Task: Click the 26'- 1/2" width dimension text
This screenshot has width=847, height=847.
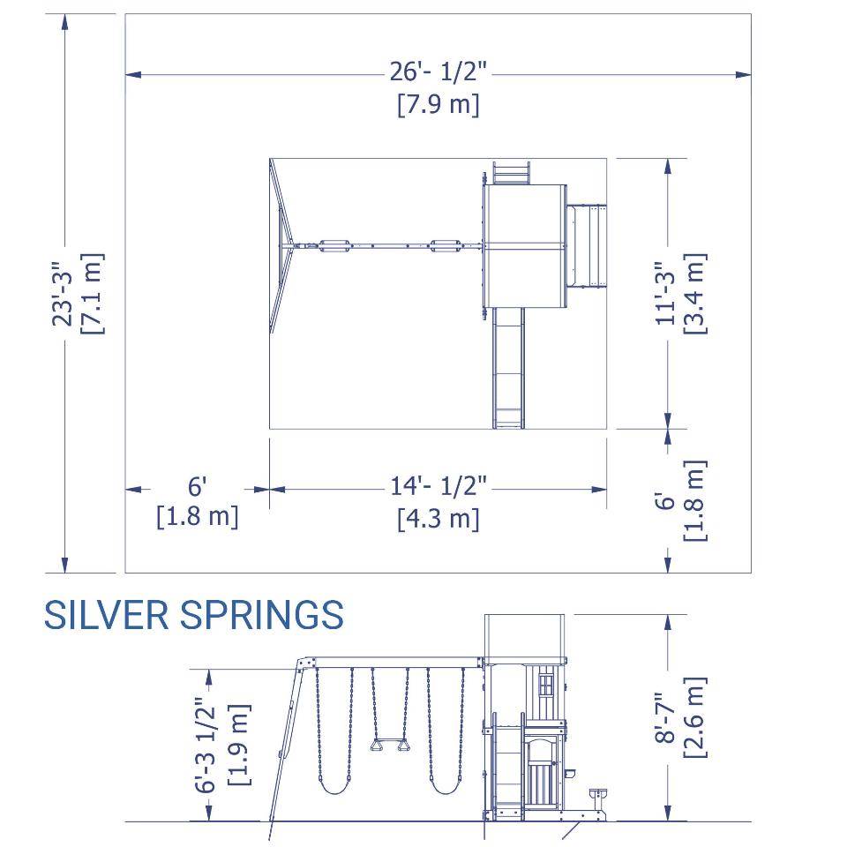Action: click(438, 71)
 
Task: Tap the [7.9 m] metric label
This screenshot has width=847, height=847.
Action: click(438, 104)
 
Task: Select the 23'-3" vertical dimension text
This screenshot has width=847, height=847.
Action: click(63, 294)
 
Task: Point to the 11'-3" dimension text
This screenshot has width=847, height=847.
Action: click(665, 294)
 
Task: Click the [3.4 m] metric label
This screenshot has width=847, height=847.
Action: click(694, 294)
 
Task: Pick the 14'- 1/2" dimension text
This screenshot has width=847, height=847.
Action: click(438, 485)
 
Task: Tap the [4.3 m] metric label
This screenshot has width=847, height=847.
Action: click(438, 518)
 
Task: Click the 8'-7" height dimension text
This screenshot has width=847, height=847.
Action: click(665, 718)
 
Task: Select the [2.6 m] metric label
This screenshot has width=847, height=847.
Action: click(694, 718)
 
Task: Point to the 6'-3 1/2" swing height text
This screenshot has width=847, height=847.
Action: click(206, 745)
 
